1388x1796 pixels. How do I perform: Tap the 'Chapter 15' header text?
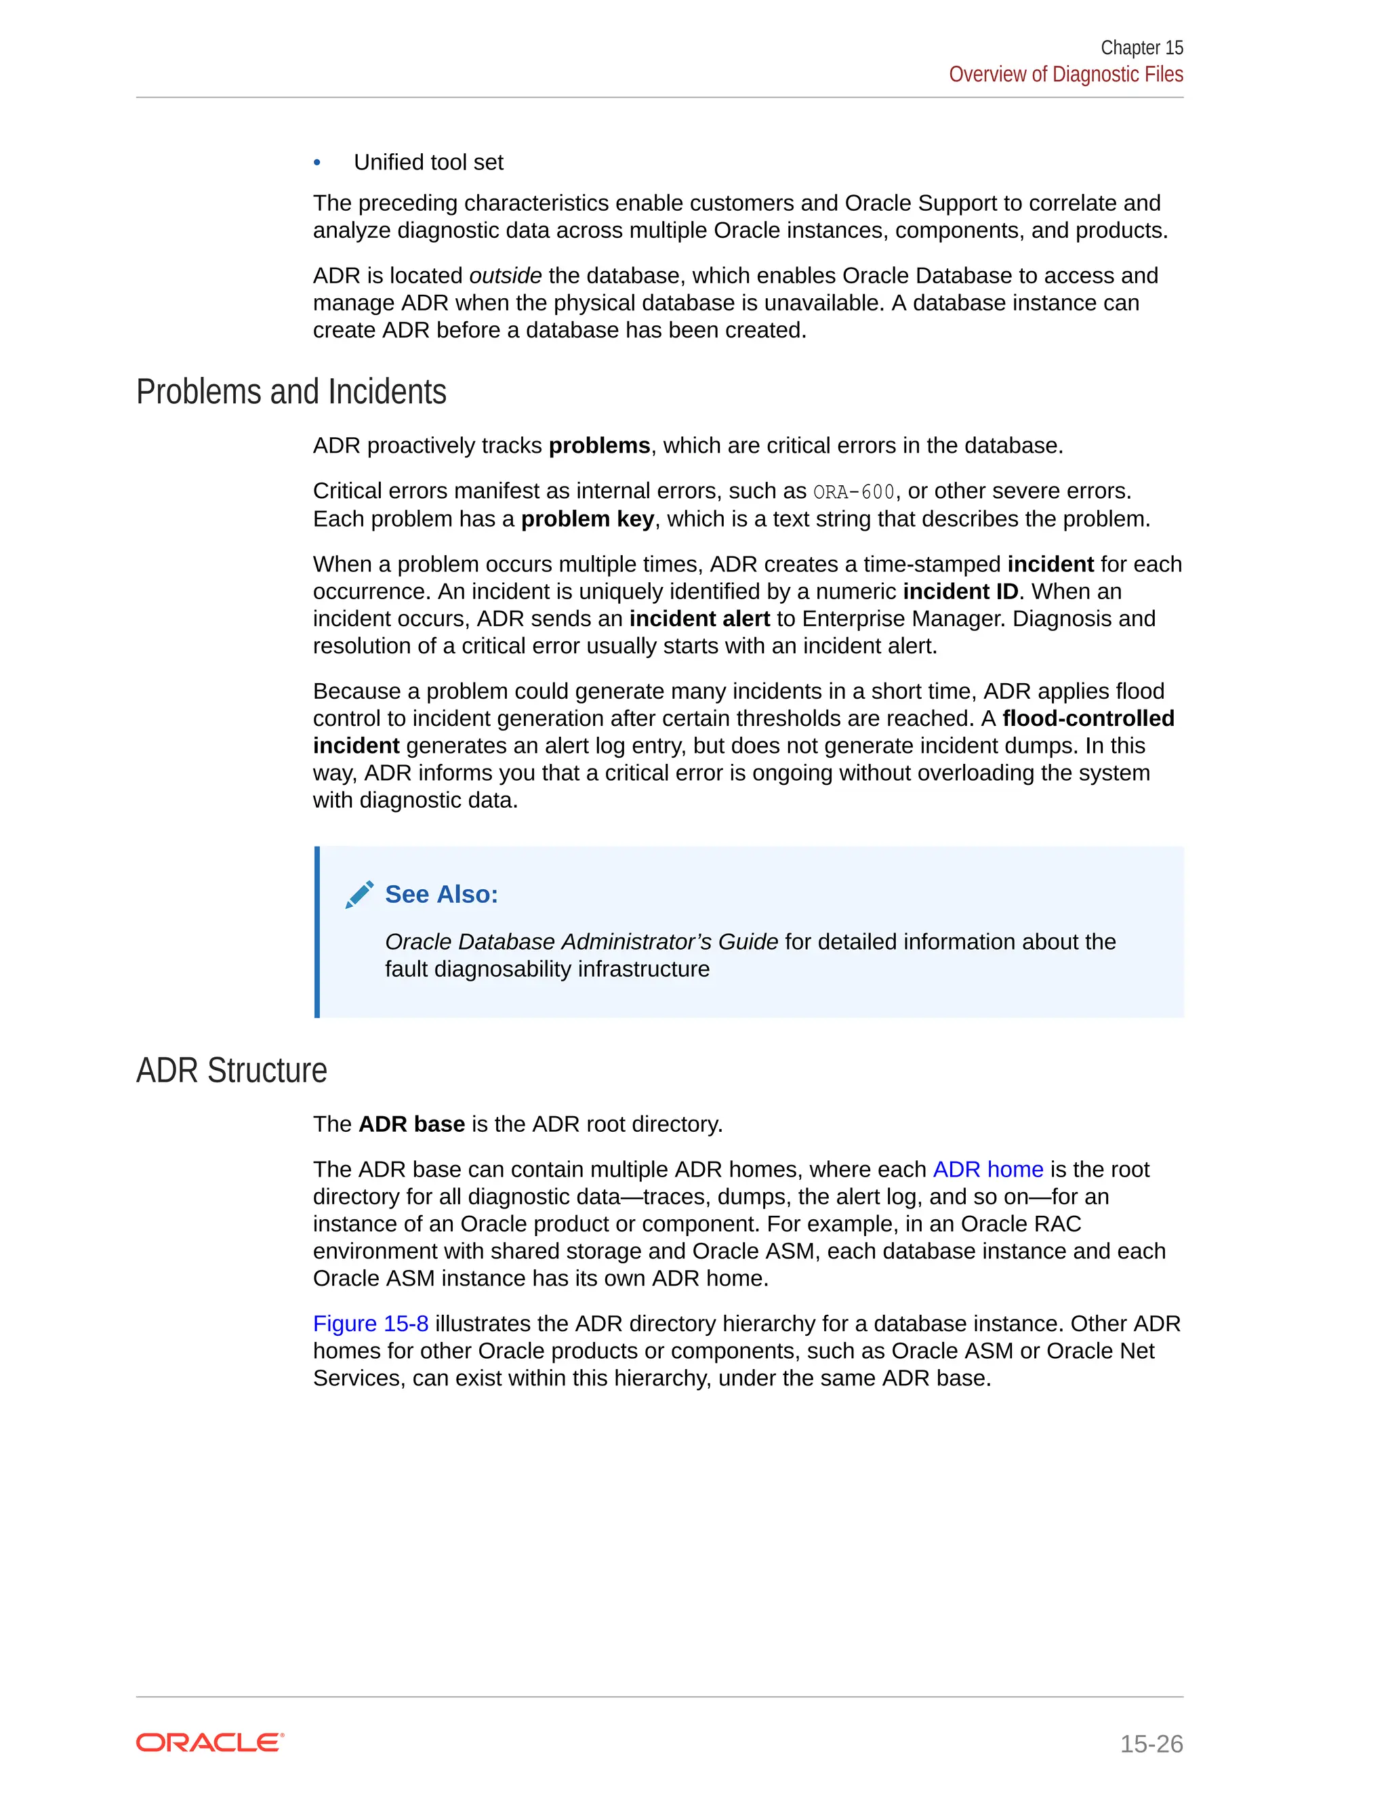(1141, 47)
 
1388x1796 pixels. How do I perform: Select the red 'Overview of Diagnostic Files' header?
(1065, 74)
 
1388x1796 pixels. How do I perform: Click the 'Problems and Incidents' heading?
(291, 392)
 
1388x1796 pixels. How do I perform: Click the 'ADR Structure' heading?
(231, 1071)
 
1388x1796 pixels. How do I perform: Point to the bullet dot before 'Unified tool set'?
(317, 163)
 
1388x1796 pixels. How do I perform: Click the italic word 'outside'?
(505, 275)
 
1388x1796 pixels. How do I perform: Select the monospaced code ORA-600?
(853, 492)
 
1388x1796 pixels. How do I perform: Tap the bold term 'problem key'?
(587, 519)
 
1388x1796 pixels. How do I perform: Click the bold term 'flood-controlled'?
(1088, 718)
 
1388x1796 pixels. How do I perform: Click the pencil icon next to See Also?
(359, 894)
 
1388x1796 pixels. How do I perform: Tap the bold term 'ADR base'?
(411, 1124)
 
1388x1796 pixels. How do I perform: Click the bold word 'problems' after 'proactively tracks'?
(598, 446)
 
